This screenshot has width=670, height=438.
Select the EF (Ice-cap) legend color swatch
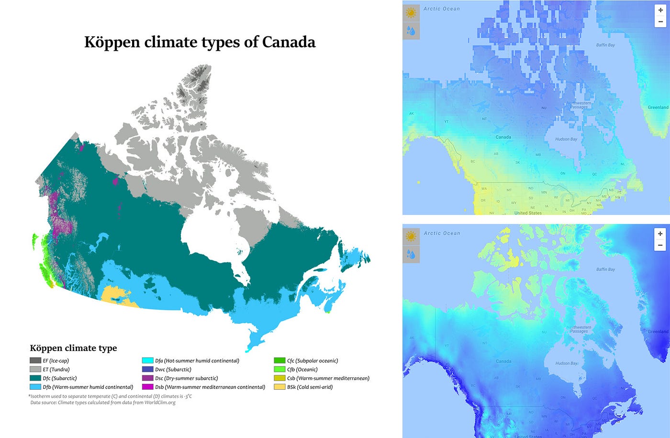tap(35, 361)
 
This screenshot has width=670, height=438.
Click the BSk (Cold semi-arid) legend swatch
tap(279, 387)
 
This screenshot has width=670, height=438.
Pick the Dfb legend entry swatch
tap(35, 387)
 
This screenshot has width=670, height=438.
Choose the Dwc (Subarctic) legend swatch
tap(148, 370)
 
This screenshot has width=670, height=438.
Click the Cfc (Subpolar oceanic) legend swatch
tap(279, 361)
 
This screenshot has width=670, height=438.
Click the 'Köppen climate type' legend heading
tap(73, 348)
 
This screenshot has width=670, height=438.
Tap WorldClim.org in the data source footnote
tap(160, 403)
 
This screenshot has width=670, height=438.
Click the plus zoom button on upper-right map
tap(660, 10)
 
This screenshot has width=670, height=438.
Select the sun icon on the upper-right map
tap(411, 13)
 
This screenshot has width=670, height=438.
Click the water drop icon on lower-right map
tap(411, 254)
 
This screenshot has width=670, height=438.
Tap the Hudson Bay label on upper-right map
tap(566, 139)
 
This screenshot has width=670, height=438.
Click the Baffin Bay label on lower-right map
tap(605, 269)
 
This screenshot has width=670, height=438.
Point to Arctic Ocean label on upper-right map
tap(441, 9)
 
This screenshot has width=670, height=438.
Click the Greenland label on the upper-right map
tap(658, 107)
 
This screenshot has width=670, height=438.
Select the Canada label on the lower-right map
tap(503, 361)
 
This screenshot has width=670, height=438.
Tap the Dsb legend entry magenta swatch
tap(148, 387)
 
